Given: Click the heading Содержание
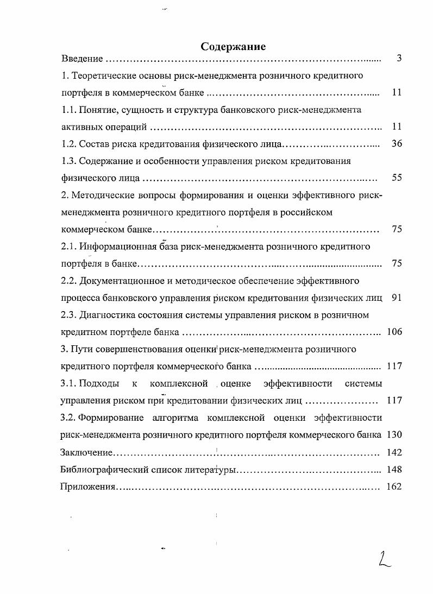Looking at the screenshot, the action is click(x=233, y=46).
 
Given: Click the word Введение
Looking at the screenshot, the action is click(x=82, y=59).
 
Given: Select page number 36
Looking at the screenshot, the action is click(x=396, y=144).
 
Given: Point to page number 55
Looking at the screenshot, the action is click(x=396, y=178).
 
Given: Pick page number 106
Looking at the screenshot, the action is click(x=394, y=332).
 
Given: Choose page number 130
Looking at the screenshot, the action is click(x=394, y=434).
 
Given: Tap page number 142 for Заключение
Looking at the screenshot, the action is click(x=394, y=452).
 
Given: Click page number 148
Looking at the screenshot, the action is click(x=394, y=469).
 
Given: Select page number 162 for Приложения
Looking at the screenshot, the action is click(x=394, y=486).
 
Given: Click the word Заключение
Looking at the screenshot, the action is click(x=86, y=452).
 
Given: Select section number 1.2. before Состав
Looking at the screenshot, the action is click(x=68, y=144).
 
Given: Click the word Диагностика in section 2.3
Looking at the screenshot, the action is click(x=109, y=315).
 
